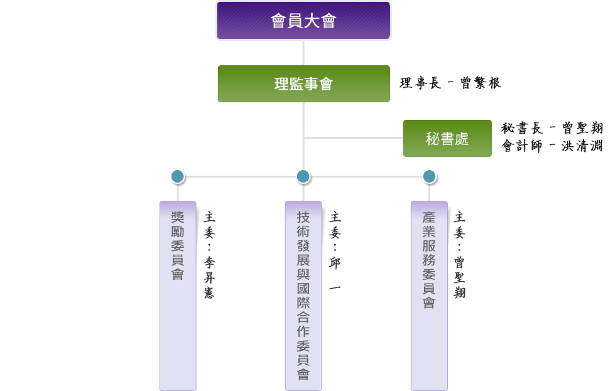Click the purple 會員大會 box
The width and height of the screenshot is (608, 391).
(x=303, y=21)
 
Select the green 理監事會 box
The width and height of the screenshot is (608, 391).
(x=303, y=83)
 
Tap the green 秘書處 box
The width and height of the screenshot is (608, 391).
(x=447, y=139)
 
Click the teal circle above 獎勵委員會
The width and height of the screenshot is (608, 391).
(x=178, y=176)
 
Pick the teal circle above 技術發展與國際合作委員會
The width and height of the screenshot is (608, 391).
(x=303, y=176)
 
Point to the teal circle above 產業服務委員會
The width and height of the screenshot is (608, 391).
(x=430, y=176)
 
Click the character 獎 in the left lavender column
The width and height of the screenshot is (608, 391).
(x=178, y=218)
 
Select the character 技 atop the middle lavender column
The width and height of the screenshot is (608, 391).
(x=303, y=218)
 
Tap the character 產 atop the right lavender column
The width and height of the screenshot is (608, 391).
(x=429, y=218)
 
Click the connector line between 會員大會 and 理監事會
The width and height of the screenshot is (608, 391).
(x=303, y=53)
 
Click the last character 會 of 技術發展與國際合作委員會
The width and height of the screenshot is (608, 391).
(x=303, y=375)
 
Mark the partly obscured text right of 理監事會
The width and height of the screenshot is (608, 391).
(x=450, y=83)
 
